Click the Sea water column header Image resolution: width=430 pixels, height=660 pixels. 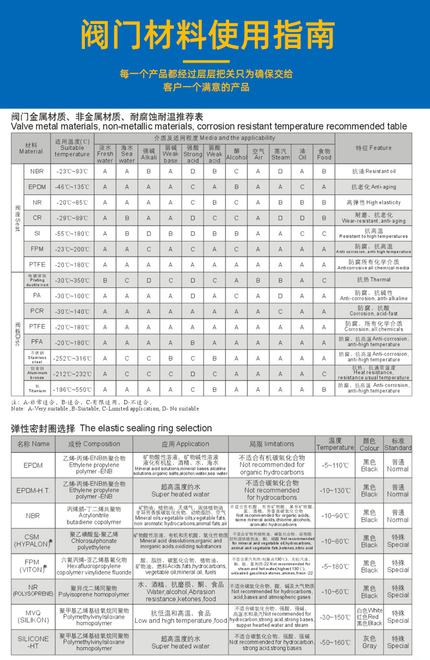[x=127, y=154]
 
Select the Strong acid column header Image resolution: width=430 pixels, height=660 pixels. [x=193, y=154]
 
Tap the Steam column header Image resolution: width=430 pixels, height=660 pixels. [x=280, y=154]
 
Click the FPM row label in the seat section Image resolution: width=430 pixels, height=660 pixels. [x=37, y=249]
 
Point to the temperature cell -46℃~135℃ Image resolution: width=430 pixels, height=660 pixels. [x=72, y=187]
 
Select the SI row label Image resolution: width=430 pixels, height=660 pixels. [x=37, y=233]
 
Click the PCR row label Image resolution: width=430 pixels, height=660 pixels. [x=37, y=311]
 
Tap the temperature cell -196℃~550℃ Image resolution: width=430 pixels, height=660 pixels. [x=72, y=389]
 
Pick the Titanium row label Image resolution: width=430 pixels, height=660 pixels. [x=37, y=389]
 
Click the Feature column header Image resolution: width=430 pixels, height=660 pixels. [x=373, y=148]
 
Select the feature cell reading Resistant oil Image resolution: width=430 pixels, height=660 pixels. [x=373, y=171]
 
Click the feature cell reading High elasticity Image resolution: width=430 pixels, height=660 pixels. [x=373, y=202]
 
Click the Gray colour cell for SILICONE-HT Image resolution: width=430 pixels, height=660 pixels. [x=369, y=642]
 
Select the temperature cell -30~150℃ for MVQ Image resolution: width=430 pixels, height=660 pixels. [x=335, y=617]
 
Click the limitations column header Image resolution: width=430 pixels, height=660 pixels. [x=272, y=444]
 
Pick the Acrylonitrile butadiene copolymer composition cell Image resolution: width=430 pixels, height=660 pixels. [x=94, y=516]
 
